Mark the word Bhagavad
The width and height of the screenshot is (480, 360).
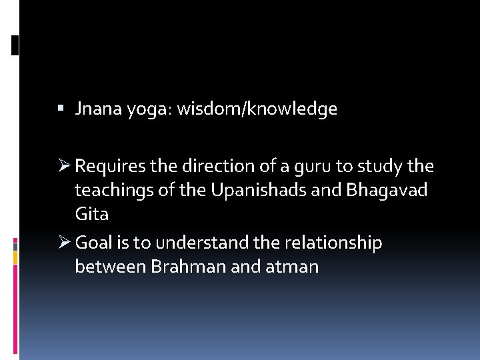coord(387,191)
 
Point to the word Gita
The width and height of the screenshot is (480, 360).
coord(92,215)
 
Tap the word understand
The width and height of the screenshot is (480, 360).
coord(203,243)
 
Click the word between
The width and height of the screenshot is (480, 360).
coord(111,267)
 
